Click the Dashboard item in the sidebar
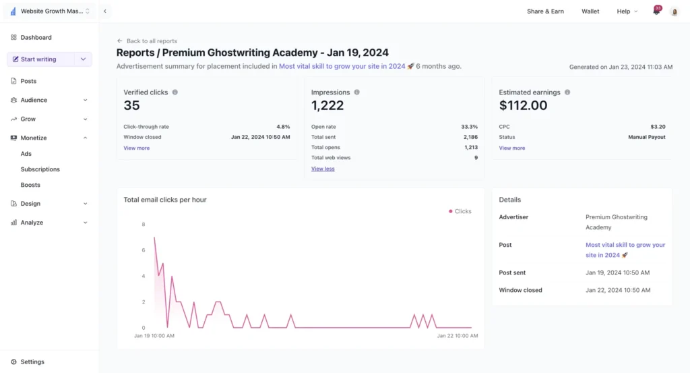[36, 38]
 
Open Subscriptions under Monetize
[40, 169]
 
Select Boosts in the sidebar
[30, 185]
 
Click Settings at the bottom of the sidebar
[32, 362]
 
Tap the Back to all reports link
[152, 41]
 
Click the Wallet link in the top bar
[590, 11]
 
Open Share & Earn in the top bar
[545, 11]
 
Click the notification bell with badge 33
[656, 11]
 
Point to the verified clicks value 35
[132, 105]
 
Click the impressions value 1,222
[327, 105]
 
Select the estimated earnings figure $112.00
[523, 105]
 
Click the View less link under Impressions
[323, 169]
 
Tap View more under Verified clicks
[137, 148]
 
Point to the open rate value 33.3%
[470, 127]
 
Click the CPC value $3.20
[658, 127]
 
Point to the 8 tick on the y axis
[143, 225]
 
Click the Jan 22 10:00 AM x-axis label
[458, 335]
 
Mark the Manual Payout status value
[646, 137]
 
